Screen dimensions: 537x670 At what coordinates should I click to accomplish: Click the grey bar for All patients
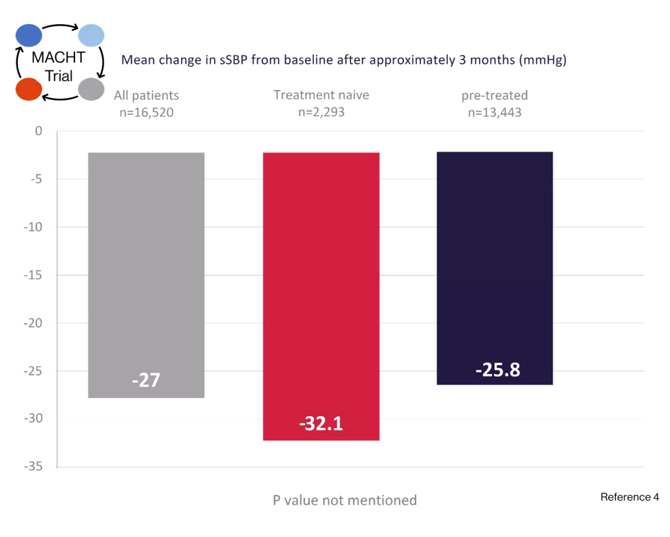[x=146, y=273]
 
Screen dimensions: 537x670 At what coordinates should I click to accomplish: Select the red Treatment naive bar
[x=321, y=291]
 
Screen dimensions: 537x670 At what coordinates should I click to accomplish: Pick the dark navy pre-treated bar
[x=494, y=267]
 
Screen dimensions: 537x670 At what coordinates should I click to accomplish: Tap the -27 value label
[x=146, y=379]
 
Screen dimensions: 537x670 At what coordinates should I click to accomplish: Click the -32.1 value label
[x=321, y=424]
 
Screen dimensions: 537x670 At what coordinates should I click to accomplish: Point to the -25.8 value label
[x=498, y=370]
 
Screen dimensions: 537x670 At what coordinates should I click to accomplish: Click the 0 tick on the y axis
[x=38, y=131]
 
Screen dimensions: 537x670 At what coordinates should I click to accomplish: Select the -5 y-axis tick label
[x=35, y=179]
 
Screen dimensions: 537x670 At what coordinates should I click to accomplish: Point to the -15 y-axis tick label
[x=33, y=275]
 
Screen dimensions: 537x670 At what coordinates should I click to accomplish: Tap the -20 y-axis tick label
[x=33, y=323]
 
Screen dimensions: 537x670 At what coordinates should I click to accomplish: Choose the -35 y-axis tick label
[x=33, y=467]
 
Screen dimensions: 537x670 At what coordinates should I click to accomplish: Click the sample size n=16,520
[x=146, y=112]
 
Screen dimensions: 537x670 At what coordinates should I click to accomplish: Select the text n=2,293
[x=321, y=112]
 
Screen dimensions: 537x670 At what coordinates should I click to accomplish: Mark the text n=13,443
[x=494, y=112]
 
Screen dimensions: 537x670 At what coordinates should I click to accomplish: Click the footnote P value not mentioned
[x=345, y=500]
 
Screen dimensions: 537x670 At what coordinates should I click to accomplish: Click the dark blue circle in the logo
[x=29, y=36]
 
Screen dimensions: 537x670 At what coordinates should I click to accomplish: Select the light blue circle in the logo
[x=91, y=36]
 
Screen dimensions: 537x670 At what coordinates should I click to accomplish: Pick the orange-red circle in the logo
[x=29, y=89]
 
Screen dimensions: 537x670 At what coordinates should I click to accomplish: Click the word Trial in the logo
[x=60, y=77]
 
